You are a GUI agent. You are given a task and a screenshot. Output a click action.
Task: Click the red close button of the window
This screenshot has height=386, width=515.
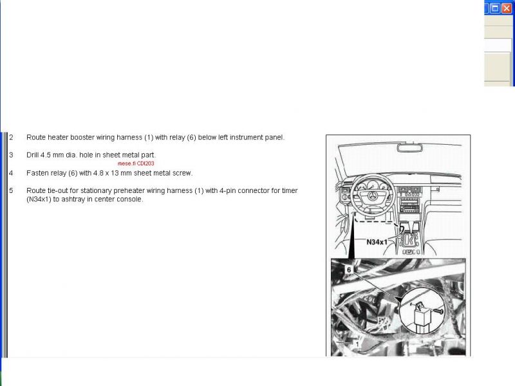507,8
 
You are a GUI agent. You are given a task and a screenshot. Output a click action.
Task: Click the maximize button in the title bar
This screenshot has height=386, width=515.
495,8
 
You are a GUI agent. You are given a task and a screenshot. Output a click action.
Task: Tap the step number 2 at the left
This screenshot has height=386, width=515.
11,137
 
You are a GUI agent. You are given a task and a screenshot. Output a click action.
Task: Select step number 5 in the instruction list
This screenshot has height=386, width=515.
11,190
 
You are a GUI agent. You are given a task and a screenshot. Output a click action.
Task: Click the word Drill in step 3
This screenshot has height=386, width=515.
33,155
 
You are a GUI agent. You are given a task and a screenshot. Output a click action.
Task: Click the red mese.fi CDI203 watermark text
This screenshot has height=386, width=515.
136,163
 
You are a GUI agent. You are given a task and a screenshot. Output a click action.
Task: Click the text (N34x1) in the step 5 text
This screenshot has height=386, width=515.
39,199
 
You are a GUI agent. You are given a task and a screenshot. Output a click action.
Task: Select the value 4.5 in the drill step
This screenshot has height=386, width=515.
45,155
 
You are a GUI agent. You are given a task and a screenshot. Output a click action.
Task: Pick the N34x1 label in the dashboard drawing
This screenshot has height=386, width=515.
377,242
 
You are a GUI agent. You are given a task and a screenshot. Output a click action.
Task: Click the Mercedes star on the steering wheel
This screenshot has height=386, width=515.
372,196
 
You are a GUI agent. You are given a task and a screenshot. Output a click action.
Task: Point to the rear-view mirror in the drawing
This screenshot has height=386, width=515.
409,148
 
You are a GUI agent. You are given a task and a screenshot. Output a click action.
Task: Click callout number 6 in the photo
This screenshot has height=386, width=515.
349,270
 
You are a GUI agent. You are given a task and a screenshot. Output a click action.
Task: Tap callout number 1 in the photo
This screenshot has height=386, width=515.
357,344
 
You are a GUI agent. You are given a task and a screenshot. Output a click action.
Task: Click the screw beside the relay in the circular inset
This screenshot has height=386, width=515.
438,311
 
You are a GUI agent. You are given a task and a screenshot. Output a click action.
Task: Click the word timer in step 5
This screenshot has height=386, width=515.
290,190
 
